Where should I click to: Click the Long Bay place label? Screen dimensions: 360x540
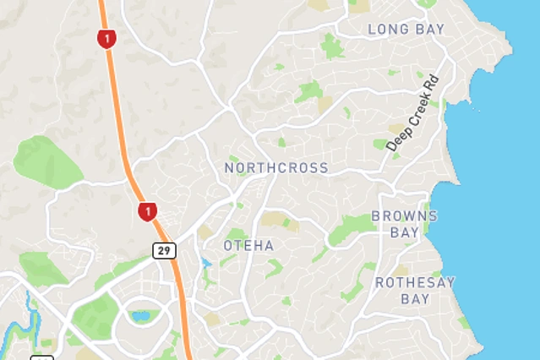click(x=406, y=30)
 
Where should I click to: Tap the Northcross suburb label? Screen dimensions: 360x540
click(x=276, y=168)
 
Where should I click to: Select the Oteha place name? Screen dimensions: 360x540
click(x=248, y=245)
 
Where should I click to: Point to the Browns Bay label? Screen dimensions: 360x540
click(x=404, y=223)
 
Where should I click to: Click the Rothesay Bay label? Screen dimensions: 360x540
click(x=415, y=290)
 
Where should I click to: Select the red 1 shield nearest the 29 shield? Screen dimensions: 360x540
click(x=148, y=210)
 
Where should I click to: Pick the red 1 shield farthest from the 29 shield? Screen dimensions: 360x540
click(x=106, y=38)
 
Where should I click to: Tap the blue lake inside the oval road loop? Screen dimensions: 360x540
click(x=140, y=317)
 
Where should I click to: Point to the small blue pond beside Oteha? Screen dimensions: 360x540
click(x=206, y=263)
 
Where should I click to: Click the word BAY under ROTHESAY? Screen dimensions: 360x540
click(x=415, y=299)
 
